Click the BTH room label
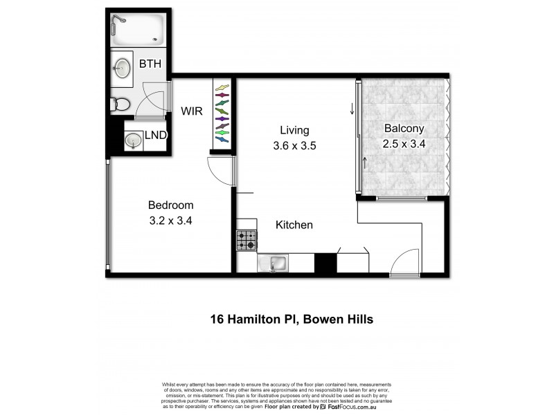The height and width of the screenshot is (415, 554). coord(150,64)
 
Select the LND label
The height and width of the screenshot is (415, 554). coord(156,136)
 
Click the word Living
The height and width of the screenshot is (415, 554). coord(294,130)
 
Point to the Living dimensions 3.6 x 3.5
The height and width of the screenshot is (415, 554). coord(294,146)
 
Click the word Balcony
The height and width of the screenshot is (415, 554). coord(404,129)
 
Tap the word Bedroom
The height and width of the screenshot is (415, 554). coord(171,205)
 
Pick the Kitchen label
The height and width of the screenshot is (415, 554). coord(294,225)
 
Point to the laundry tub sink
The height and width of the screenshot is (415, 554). coord(132,140)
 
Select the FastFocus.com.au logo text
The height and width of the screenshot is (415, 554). coord(361,407)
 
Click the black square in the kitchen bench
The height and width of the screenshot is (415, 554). coord(325,264)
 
